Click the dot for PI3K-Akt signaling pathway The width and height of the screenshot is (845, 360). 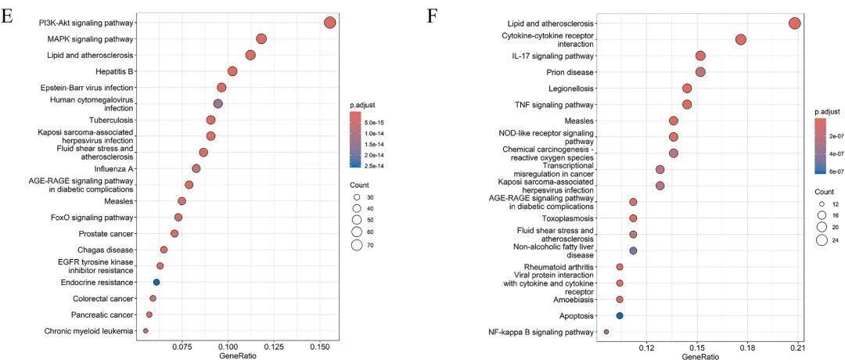click(x=330, y=23)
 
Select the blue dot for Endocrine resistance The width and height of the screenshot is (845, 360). click(x=156, y=282)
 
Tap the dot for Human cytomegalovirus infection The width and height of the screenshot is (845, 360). click(x=218, y=104)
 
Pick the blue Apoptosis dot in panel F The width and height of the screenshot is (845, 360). click(x=619, y=316)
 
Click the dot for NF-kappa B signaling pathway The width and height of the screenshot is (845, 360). click(x=606, y=332)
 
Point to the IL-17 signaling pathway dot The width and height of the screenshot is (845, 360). click(x=700, y=56)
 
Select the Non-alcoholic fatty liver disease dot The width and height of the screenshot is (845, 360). click(x=633, y=250)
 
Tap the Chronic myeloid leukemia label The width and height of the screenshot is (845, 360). click(x=88, y=331)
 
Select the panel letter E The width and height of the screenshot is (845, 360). click(x=8, y=16)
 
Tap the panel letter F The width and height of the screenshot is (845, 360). click(x=432, y=16)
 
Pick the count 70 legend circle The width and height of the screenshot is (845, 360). click(x=356, y=245)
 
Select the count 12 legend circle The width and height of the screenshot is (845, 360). click(x=822, y=204)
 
